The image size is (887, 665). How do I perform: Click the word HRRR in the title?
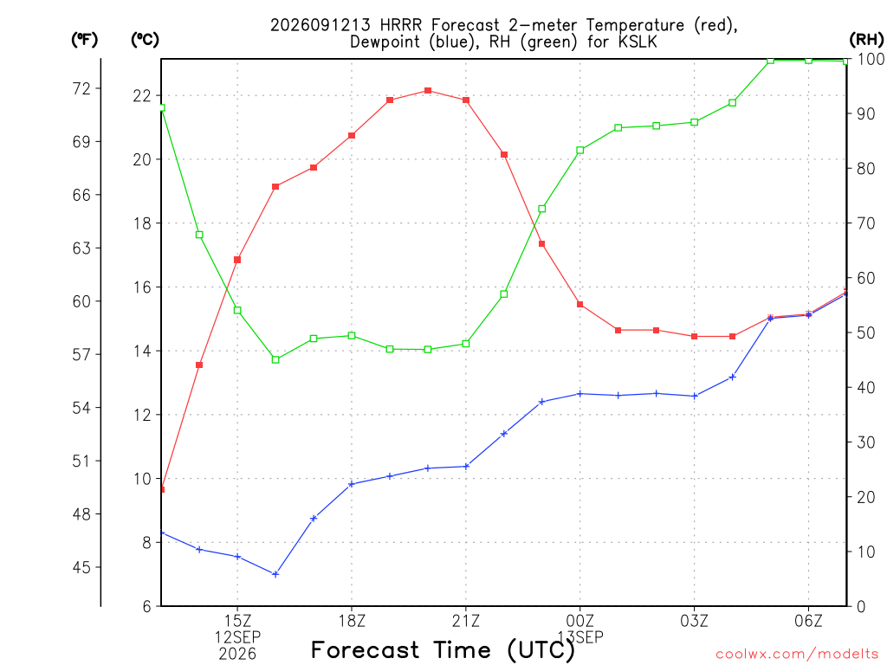(401, 25)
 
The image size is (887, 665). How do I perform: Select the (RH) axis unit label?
(866, 40)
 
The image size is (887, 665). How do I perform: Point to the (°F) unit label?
(84, 40)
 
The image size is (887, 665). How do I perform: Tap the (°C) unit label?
(145, 40)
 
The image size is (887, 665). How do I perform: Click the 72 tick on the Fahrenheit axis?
(81, 89)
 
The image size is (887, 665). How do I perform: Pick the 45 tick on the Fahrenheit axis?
(81, 567)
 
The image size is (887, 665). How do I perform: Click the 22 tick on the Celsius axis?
(142, 95)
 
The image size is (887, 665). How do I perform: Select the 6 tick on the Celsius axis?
(147, 606)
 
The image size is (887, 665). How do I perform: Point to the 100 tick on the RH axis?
(871, 59)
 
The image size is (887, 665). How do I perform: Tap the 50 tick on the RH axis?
(866, 332)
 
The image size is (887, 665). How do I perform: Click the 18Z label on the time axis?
(352, 621)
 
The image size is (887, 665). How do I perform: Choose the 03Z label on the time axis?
(694, 621)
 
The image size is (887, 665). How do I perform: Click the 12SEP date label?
(237, 637)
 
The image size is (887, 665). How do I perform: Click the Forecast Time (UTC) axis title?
(443, 650)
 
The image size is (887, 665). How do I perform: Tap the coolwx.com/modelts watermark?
(797, 655)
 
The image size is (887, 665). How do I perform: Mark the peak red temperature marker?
(428, 90)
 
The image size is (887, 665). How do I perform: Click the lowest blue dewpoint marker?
(275, 575)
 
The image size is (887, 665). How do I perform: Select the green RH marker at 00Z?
(579, 151)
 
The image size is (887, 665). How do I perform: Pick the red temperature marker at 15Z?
(237, 260)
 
